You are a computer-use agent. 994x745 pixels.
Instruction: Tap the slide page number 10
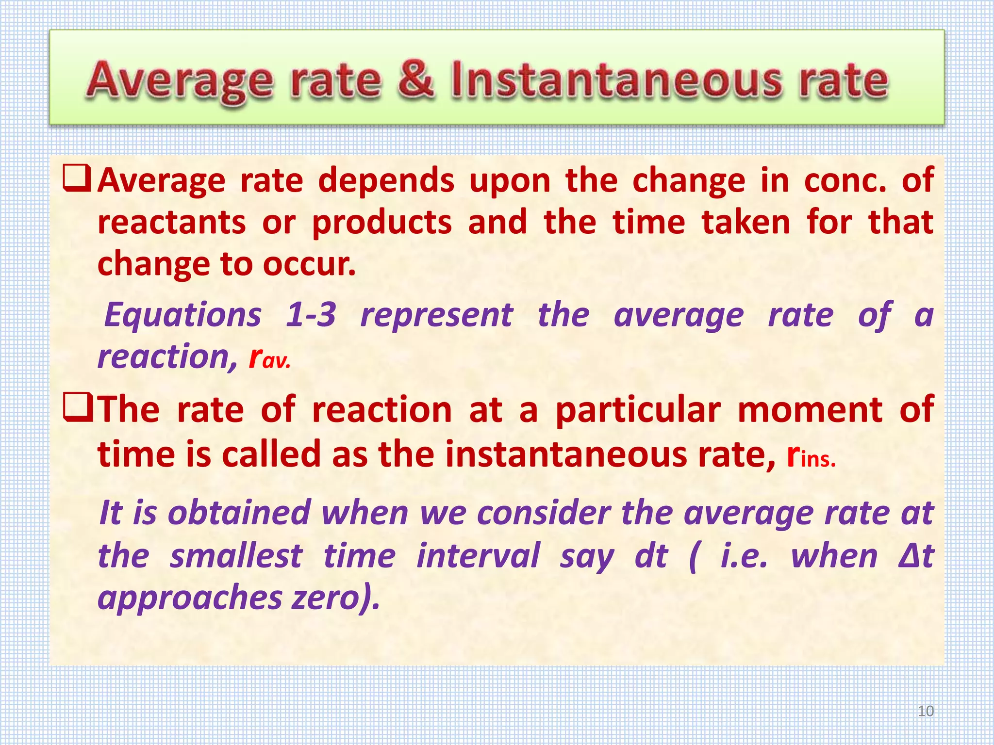[x=926, y=711]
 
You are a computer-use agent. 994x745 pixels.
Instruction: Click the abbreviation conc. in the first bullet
[x=845, y=180]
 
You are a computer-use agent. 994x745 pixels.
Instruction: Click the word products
[x=382, y=223]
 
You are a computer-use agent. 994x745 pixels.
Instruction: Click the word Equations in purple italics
[x=183, y=315]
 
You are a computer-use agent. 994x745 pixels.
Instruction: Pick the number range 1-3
[x=311, y=315]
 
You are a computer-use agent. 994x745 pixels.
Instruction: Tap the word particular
[x=638, y=410]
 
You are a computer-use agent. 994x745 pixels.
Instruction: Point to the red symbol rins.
[x=811, y=456]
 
